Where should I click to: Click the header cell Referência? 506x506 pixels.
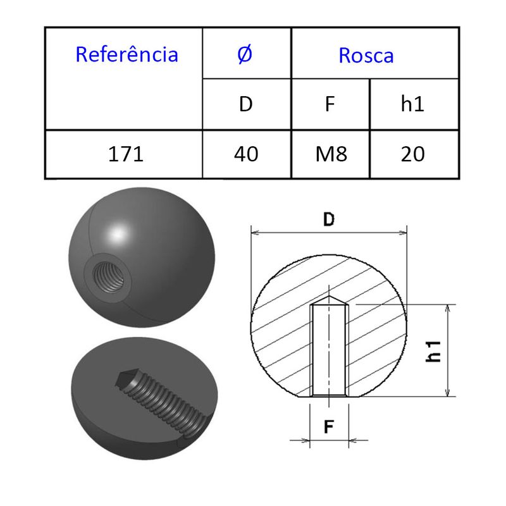(x=126, y=54)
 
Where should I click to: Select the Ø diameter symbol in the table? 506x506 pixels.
(x=245, y=54)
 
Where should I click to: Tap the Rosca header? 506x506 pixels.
(x=366, y=56)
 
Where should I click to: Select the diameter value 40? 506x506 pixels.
(x=245, y=154)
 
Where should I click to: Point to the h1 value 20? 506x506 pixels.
(x=412, y=154)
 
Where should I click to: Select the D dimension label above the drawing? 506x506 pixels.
(x=328, y=219)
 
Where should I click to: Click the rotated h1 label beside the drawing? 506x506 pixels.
(x=433, y=350)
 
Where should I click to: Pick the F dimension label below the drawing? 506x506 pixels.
(x=329, y=427)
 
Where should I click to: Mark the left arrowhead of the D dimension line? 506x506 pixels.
(x=254, y=233)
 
